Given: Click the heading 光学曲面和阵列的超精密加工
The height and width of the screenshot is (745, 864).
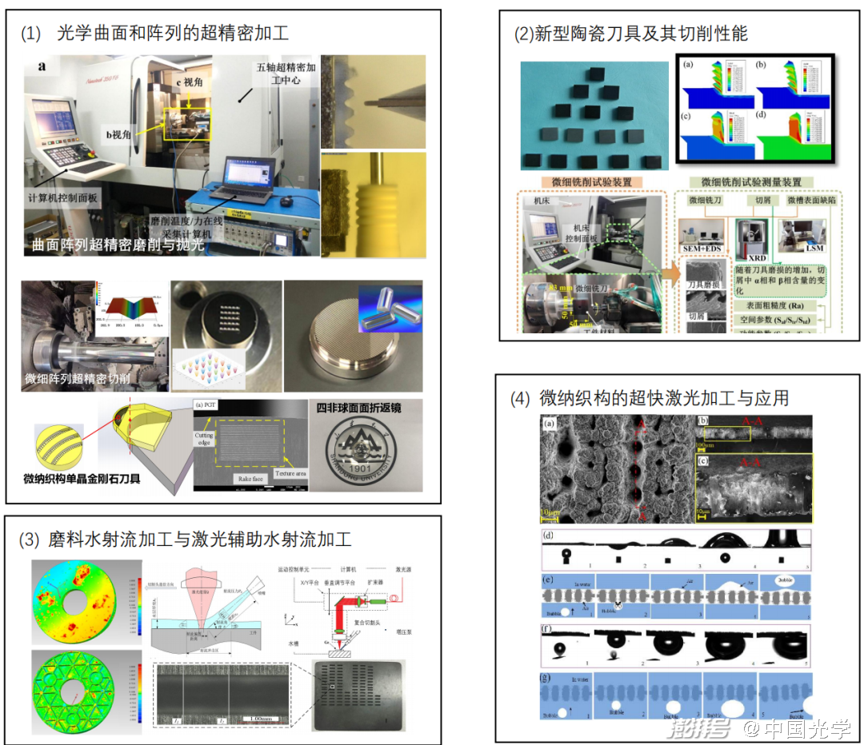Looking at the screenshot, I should [173, 34].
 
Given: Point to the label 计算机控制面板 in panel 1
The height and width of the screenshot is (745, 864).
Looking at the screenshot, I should [63, 196].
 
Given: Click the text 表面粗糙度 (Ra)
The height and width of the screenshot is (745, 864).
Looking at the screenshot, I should [766, 305].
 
